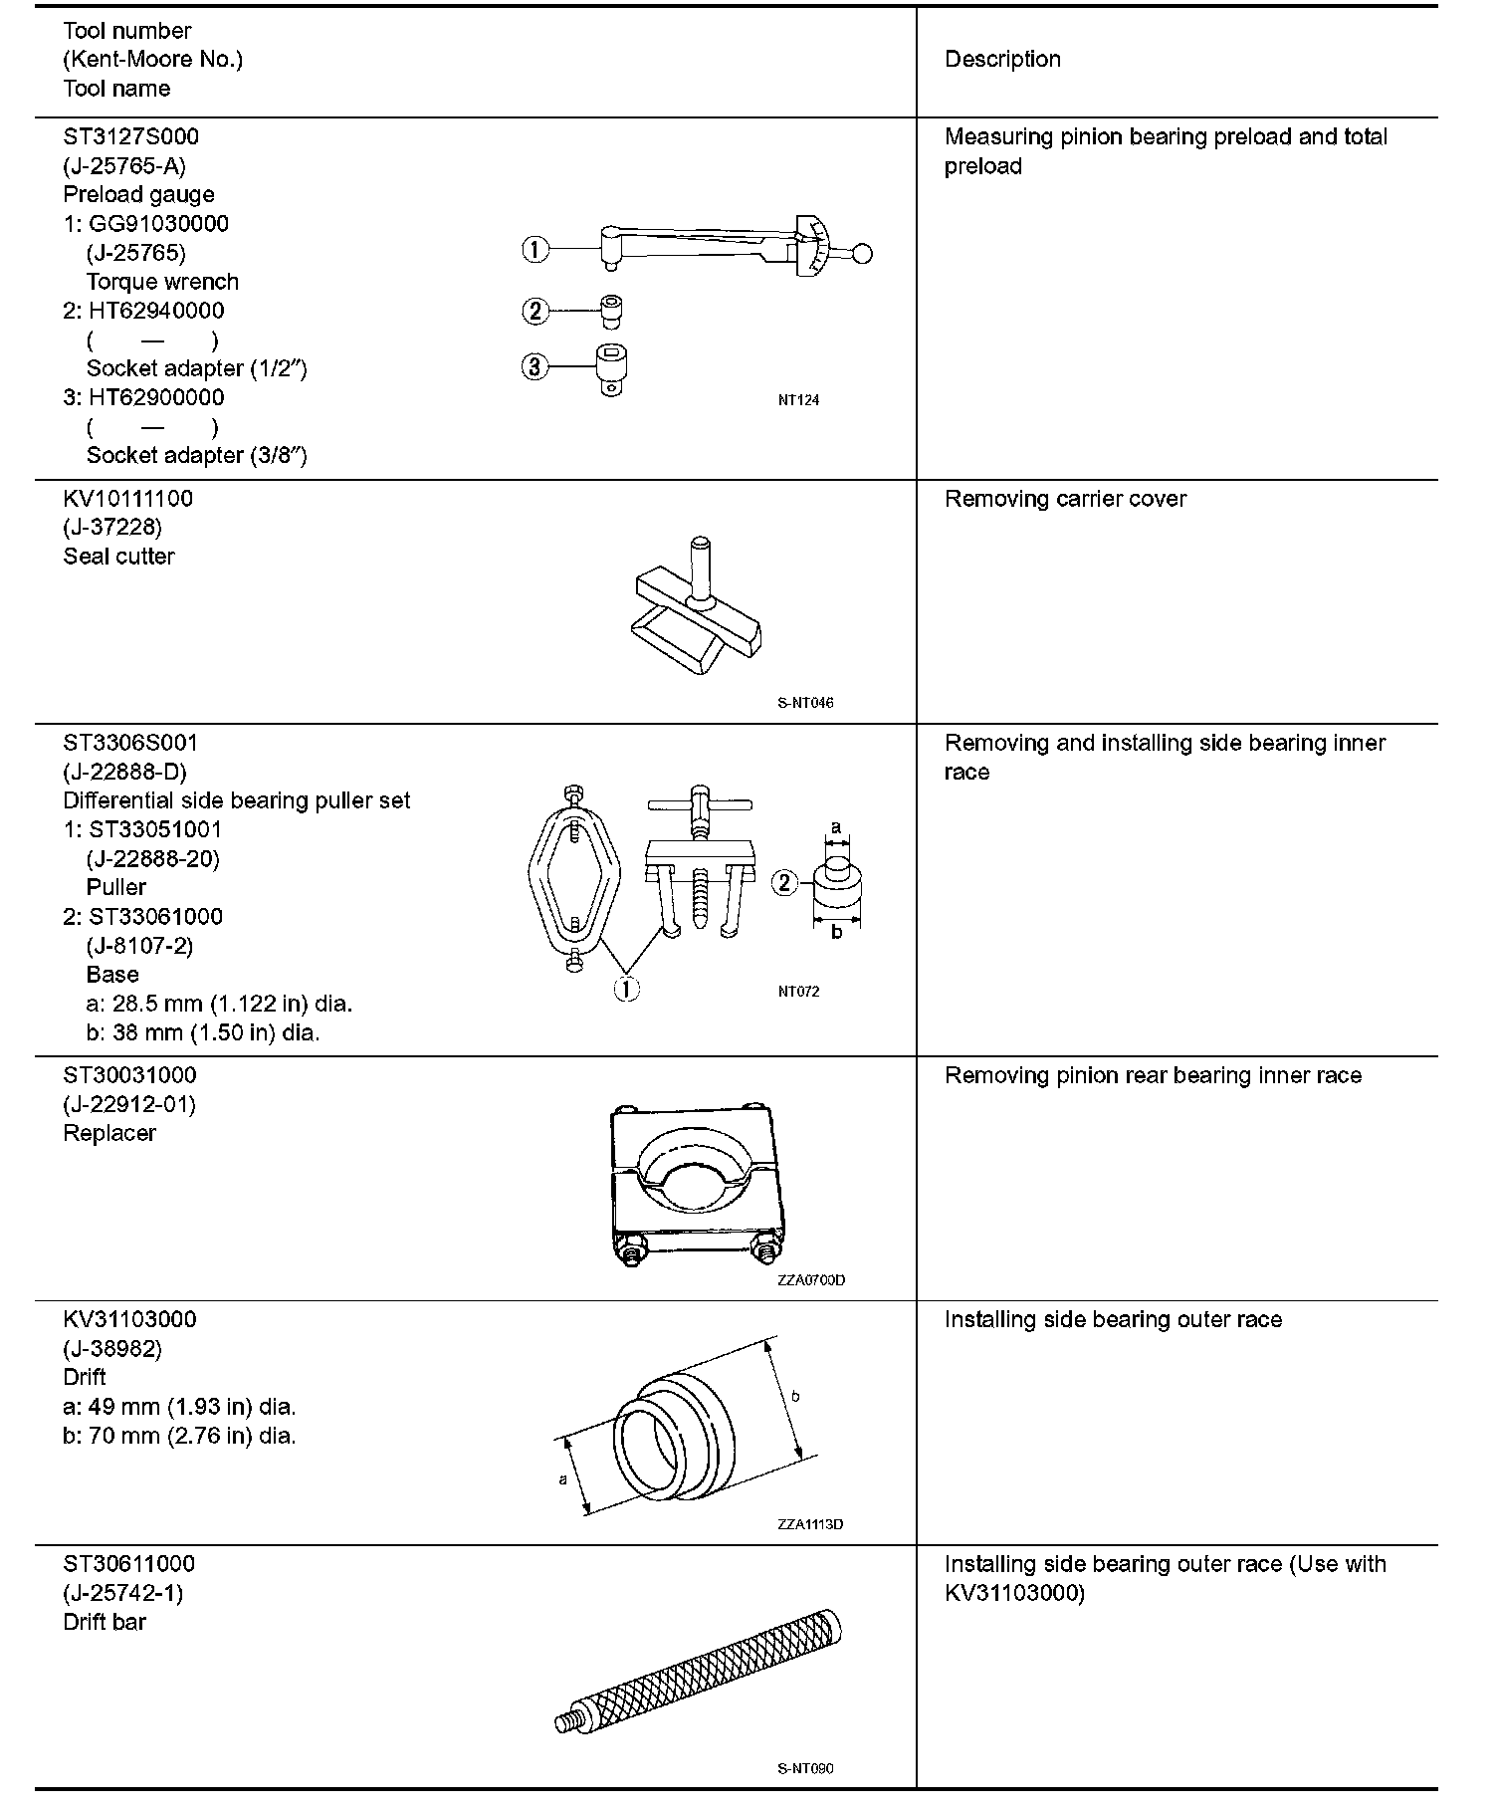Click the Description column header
[1001, 60]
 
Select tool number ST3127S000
[130, 136]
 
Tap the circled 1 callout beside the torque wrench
[535, 249]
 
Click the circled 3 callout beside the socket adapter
[535, 367]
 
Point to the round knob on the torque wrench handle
[862, 254]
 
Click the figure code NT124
[798, 400]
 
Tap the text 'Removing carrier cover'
[1065, 499]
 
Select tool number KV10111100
[127, 499]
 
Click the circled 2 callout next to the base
[785, 882]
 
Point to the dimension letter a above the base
[836, 826]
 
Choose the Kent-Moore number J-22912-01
[129, 1104]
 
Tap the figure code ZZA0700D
[811, 1279]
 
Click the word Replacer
[109, 1133]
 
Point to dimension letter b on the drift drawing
[795, 1396]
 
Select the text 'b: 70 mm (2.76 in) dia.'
[179, 1436]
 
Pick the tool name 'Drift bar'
[105, 1622]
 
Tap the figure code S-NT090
[805, 1768]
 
